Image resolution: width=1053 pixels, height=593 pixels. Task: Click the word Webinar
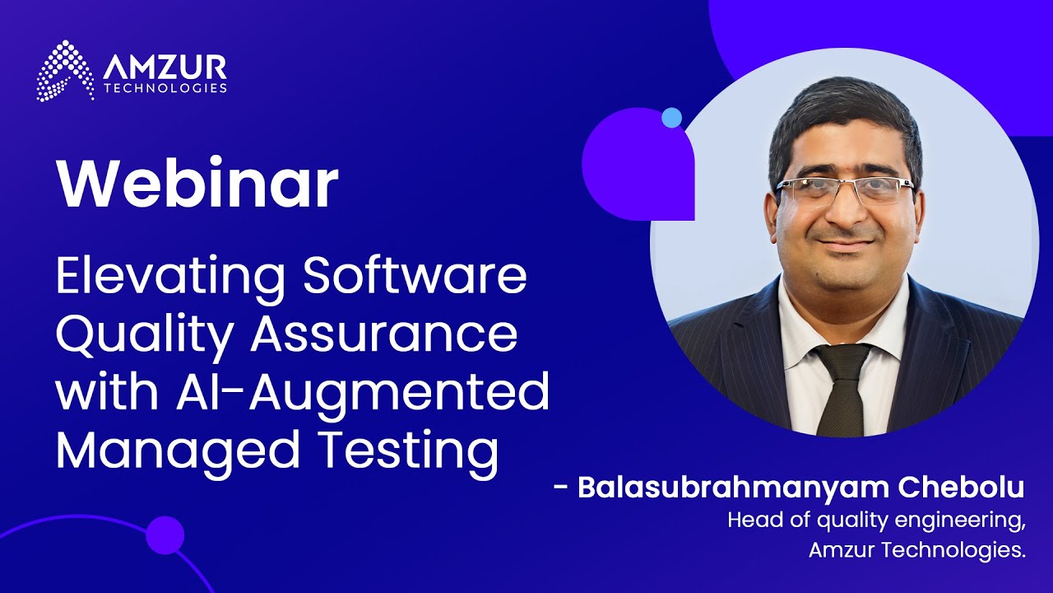tap(197, 183)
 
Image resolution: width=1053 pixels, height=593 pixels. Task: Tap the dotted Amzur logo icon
tap(65, 71)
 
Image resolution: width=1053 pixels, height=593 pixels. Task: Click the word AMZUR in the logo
tap(165, 68)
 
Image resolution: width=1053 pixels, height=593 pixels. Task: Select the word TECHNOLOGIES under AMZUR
tap(165, 88)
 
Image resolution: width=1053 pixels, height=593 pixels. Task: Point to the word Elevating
tap(170, 278)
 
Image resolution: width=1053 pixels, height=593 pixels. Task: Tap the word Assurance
tap(384, 335)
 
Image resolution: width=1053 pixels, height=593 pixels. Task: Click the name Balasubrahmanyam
tap(734, 488)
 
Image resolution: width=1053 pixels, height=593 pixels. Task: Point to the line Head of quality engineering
tap(876, 521)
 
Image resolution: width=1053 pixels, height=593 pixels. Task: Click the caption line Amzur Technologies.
tap(916, 549)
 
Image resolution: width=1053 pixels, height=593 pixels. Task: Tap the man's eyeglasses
tap(844, 189)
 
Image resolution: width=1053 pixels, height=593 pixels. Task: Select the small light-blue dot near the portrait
tap(672, 118)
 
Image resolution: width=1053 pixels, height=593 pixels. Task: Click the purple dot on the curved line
tap(165, 535)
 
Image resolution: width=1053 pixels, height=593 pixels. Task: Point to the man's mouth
tap(845, 244)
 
